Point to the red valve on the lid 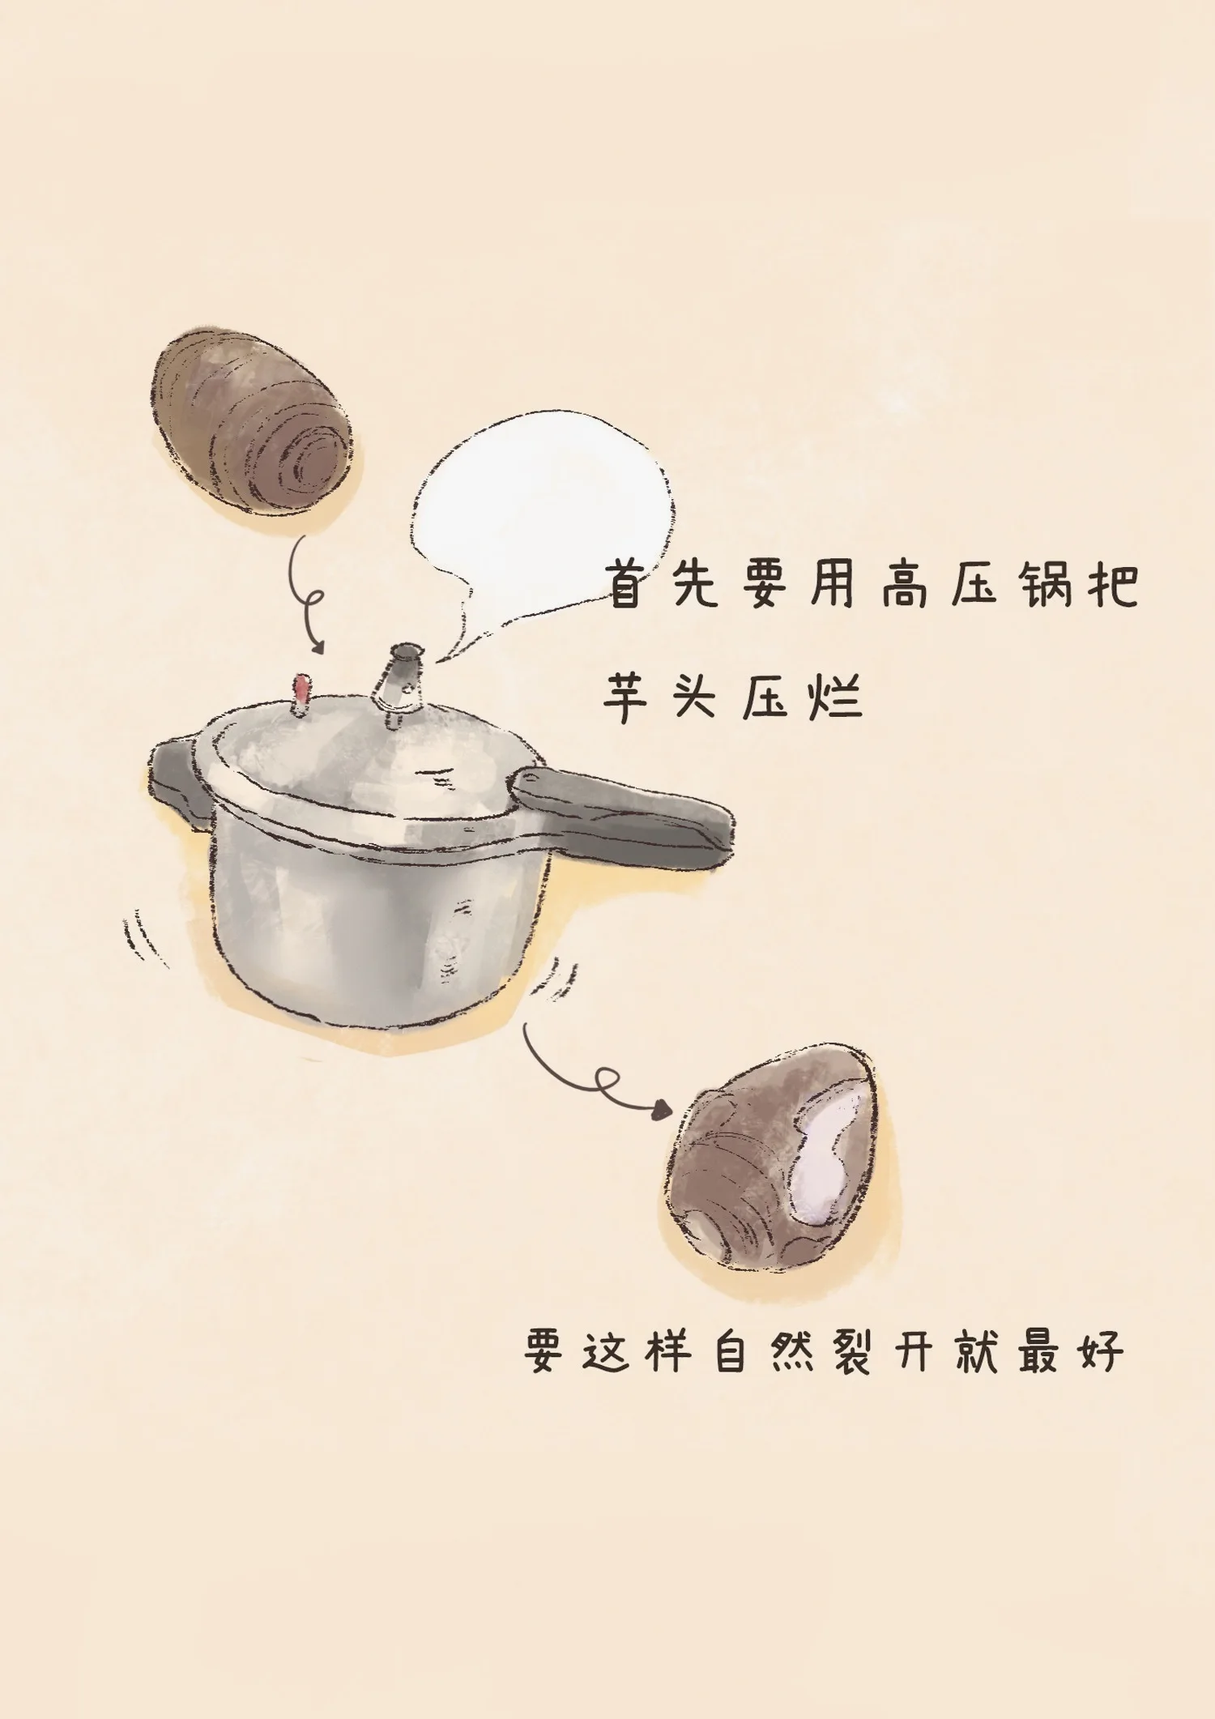[x=301, y=693]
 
